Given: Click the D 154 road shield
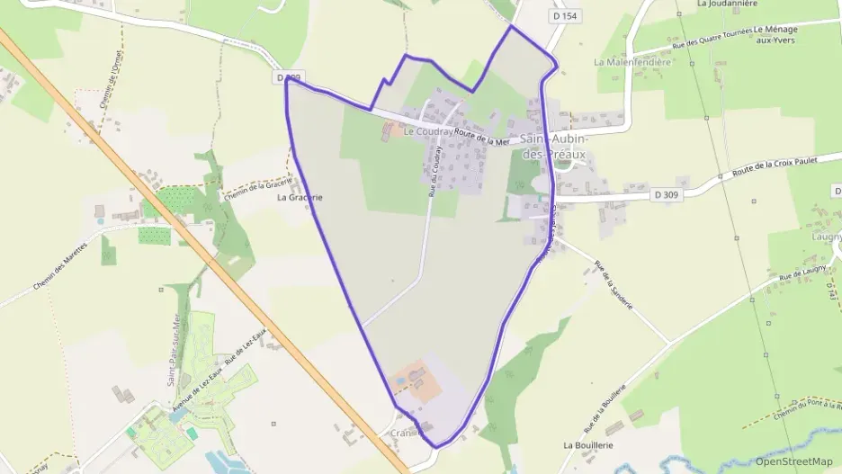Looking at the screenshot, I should [563, 16].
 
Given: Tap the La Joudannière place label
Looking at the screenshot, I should [730, 4].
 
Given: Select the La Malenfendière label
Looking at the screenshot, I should [632, 62].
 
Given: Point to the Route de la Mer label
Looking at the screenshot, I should [482, 137].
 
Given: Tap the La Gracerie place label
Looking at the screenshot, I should [300, 197].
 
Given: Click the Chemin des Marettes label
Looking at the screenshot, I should [61, 265].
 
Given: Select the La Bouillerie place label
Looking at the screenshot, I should [588, 445].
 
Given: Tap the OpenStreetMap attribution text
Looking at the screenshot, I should [793, 461].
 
